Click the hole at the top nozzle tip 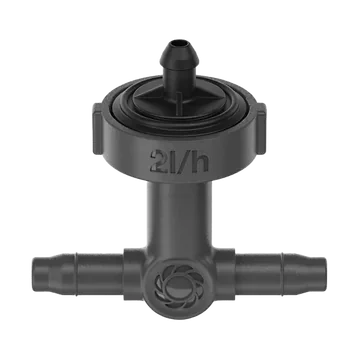(179, 43)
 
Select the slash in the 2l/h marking (183, 161)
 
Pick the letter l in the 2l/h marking (172, 161)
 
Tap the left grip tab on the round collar (97, 129)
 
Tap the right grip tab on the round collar (261, 128)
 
